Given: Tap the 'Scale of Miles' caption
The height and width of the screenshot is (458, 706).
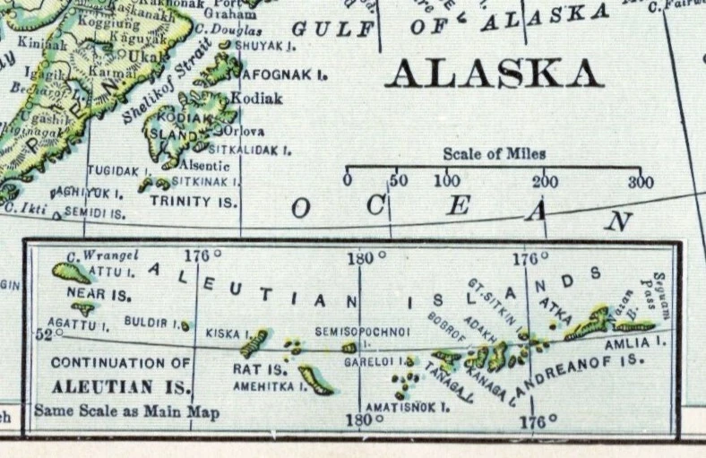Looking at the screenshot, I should pos(494,154).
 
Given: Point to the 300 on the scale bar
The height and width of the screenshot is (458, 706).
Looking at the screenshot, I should pos(641,182).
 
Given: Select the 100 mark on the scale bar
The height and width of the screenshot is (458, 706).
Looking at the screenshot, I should pos(447,181).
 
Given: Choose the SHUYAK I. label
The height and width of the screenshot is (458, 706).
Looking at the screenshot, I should pos(266,45).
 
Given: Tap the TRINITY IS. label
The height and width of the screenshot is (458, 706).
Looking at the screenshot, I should pos(194,202).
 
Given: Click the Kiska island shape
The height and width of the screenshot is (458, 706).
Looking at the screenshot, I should pos(254,341).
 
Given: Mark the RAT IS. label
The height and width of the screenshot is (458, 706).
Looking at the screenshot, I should pos(259,368).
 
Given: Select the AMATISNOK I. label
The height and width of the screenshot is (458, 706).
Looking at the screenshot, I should pos(405,406).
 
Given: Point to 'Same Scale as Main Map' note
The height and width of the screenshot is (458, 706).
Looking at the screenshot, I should pos(126,413).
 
